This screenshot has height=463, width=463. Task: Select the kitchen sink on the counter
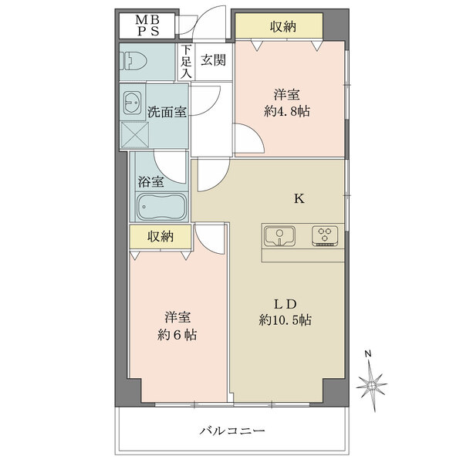[280, 235]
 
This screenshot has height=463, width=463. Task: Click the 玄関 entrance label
[212, 59]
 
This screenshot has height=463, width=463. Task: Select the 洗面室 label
[167, 112]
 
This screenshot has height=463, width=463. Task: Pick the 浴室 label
[150, 183]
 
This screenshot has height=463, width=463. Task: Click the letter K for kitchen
[299, 198]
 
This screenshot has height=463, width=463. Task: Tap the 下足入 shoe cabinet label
[186, 62]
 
